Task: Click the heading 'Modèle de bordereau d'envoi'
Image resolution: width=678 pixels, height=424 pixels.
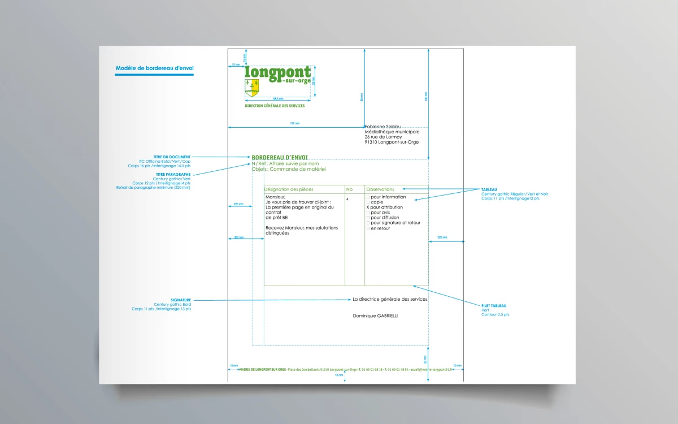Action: coord(154,68)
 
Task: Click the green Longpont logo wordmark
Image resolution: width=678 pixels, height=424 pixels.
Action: coord(278,73)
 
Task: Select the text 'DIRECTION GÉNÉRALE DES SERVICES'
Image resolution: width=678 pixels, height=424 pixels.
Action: coord(275,106)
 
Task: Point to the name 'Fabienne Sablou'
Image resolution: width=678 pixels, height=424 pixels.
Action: coord(383,127)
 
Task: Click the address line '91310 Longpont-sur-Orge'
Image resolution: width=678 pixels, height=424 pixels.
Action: coord(392,142)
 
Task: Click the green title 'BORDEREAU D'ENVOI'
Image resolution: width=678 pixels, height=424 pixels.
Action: coord(280,157)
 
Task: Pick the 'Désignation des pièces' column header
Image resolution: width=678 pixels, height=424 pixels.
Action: coord(289,189)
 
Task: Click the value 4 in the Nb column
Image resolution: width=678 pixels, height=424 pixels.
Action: coord(347,199)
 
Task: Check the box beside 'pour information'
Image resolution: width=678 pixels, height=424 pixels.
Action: coord(368,197)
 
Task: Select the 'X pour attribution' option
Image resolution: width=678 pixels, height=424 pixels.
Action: coord(385,207)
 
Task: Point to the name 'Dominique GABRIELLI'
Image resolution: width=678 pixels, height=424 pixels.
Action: coord(375,316)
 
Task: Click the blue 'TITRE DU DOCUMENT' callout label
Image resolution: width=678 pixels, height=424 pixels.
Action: coord(172,157)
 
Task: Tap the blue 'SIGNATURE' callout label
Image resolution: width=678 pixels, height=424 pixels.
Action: coord(181,300)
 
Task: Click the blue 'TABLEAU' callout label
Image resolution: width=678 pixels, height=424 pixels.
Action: coord(490,189)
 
